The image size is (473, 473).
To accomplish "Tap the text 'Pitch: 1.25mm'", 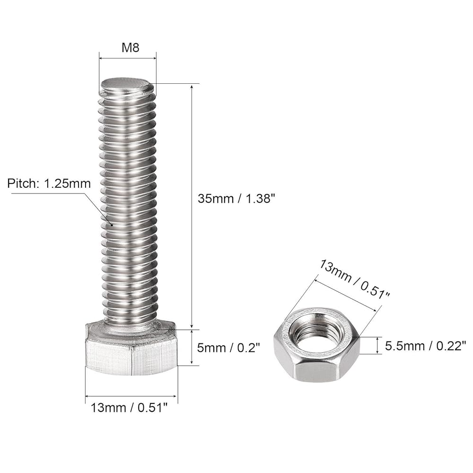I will click(x=49, y=184).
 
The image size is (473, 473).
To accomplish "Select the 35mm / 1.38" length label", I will click(x=236, y=199).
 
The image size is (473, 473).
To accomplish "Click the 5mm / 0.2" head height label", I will click(x=229, y=348).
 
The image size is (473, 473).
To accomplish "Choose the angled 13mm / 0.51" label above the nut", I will click(x=355, y=279).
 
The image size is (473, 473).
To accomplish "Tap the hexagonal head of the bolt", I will click(x=131, y=355).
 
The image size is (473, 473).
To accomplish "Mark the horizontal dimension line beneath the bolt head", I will click(x=131, y=396).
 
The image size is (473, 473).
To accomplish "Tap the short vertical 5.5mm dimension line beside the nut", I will click(x=377, y=345).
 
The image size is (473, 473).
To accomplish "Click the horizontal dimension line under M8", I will click(x=128, y=59).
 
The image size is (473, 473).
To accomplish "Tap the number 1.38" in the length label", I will click(x=258, y=199).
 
